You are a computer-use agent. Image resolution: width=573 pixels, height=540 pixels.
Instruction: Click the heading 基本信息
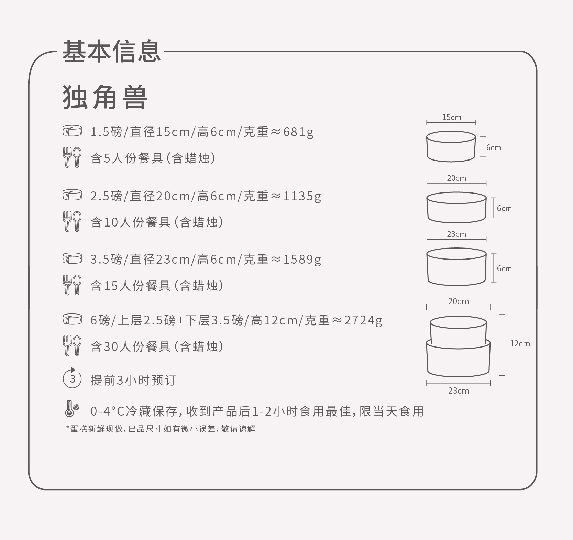(x=111, y=52)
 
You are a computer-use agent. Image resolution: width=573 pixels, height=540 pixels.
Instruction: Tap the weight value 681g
(x=298, y=132)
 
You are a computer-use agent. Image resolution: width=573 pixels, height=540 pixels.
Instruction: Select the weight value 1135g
(x=302, y=196)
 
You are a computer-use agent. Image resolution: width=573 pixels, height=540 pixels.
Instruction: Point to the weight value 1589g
(x=302, y=260)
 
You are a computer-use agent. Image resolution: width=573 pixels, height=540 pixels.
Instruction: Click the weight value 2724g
(x=363, y=320)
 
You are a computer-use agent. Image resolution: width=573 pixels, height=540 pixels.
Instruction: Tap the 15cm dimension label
(x=451, y=118)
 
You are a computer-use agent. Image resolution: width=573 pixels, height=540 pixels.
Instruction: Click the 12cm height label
(x=519, y=344)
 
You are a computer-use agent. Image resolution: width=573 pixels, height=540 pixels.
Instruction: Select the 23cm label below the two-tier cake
(x=458, y=391)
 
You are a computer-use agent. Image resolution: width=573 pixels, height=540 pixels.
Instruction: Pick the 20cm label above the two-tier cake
(x=458, y=301)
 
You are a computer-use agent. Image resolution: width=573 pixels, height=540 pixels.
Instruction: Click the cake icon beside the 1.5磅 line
(x=72, y=131)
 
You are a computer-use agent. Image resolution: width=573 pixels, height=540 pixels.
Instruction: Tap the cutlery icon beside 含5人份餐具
(x=72, y=157)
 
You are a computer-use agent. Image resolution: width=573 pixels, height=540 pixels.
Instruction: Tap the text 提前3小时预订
(x=133, y=380)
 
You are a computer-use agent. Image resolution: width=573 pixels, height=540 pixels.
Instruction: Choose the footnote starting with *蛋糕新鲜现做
(x=161, y=429)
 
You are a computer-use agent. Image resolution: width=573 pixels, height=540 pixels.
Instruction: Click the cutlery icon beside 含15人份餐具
(x=72, y=285)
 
